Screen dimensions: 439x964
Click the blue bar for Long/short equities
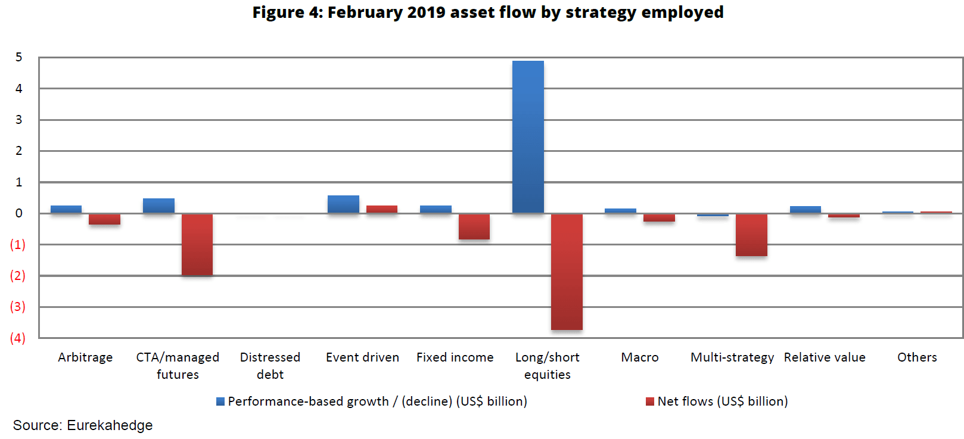(528, 137)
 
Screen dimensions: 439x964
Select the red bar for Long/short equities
(567, 272)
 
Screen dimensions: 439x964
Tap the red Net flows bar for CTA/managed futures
(197, 244)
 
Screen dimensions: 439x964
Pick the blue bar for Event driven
(343, 204)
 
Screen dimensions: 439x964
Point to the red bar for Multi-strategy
(751, 235)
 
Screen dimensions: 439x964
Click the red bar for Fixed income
(474, 226)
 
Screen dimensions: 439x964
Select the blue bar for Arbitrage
(66, 209)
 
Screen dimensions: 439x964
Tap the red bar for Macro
(659, 217)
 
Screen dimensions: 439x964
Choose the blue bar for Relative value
(806, 210)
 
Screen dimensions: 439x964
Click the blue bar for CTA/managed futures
(158, 206)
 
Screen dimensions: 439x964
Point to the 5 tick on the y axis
(19, 57)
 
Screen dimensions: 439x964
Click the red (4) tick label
(18, 338)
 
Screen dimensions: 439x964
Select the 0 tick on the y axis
(19, 213)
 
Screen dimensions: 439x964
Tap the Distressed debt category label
(270, 365)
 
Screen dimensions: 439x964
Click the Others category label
(917, 357)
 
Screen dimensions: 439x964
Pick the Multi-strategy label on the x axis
(732, 357)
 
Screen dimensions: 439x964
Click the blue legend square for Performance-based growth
(220, 401)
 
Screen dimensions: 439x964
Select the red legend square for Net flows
(650, 401)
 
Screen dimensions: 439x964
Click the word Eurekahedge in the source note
(110, 425)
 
